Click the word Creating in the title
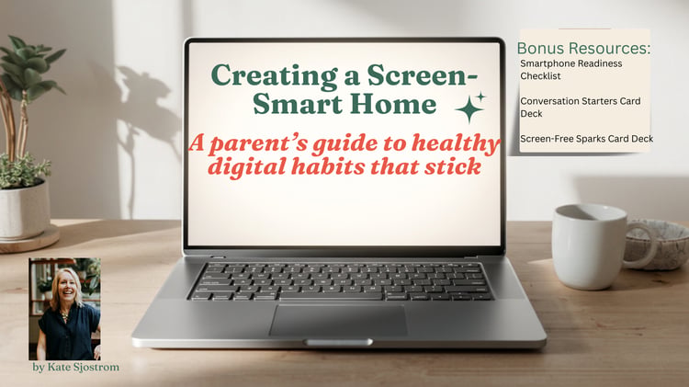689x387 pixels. pos(273,76)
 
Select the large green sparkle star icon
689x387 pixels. pos(469,109)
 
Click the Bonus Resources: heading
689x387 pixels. pos(583,48)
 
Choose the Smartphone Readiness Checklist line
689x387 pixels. pos(571,70)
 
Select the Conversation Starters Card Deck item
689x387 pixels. pos(581,107)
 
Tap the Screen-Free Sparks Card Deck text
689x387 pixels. pos(587,139)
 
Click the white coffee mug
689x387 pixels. pos(591,246)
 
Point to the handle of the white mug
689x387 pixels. pos(642,245)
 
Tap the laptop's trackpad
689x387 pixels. pos(338,321)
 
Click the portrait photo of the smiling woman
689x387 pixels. pos(64,309)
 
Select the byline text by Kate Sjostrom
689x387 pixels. pos(75,367)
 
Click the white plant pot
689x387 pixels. pos(24,211)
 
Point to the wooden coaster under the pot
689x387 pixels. pos(29,240)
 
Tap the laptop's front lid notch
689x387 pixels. pos(338,342)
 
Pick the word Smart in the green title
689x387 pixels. pos(297,104)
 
